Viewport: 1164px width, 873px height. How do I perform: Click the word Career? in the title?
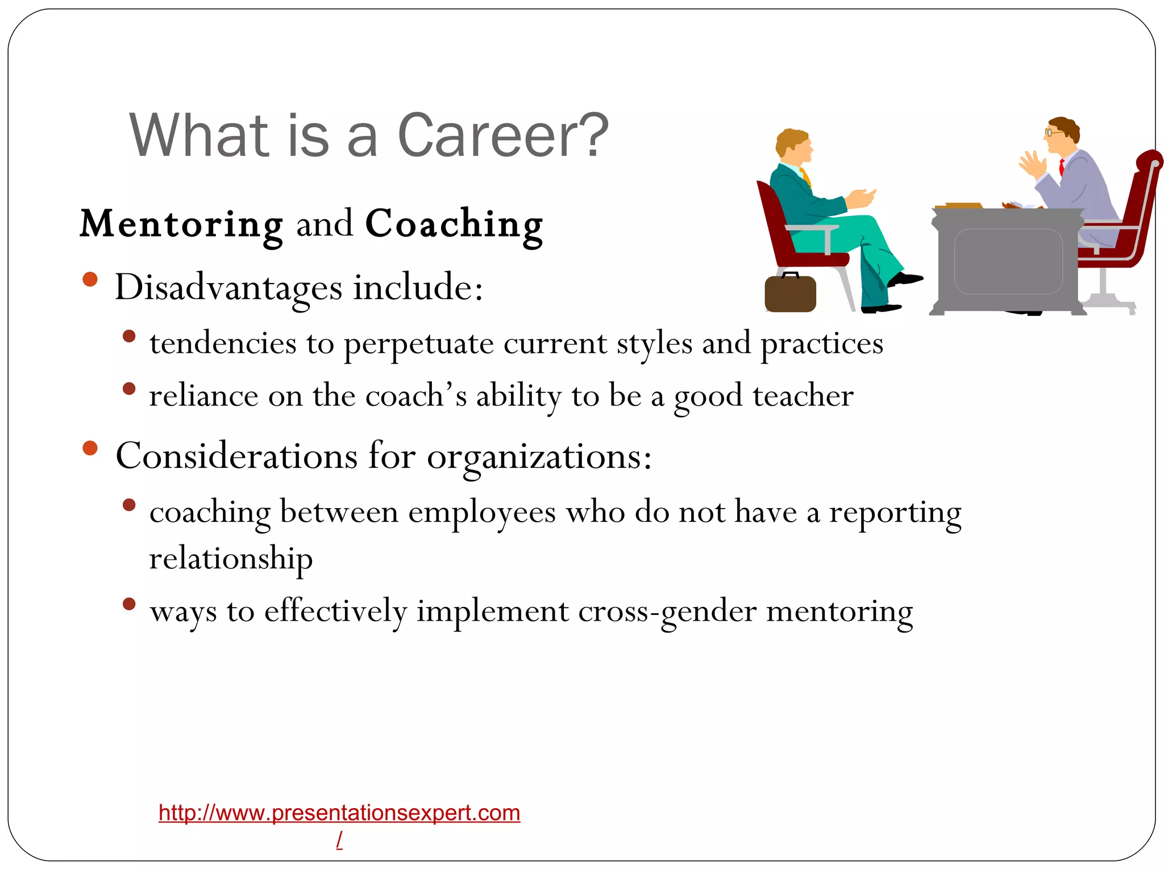tap(502, 136)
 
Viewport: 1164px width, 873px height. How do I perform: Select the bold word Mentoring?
tap(181, 225)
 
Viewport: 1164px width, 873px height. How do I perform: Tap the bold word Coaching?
tap(454, 225)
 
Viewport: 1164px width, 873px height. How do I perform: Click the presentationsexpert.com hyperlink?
tap(339, 813)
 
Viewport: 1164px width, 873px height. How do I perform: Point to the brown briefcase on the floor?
tap(790, 294)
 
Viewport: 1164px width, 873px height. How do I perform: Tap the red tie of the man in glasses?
tap(1061, 167)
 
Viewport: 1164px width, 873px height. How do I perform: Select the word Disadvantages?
tap(228, 288)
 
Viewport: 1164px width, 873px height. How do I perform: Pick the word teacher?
tap(803, 396)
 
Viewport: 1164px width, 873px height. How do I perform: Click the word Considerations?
tap(236, 456)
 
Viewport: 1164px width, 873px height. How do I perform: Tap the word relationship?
tap(231, 559)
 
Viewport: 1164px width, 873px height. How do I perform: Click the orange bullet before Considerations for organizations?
tap(90, 448)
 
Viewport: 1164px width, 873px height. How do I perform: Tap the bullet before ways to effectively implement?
tap(129, 604)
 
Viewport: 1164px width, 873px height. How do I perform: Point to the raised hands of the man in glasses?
tap(1032, 165)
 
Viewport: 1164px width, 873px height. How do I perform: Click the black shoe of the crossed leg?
tap(905, 279)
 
